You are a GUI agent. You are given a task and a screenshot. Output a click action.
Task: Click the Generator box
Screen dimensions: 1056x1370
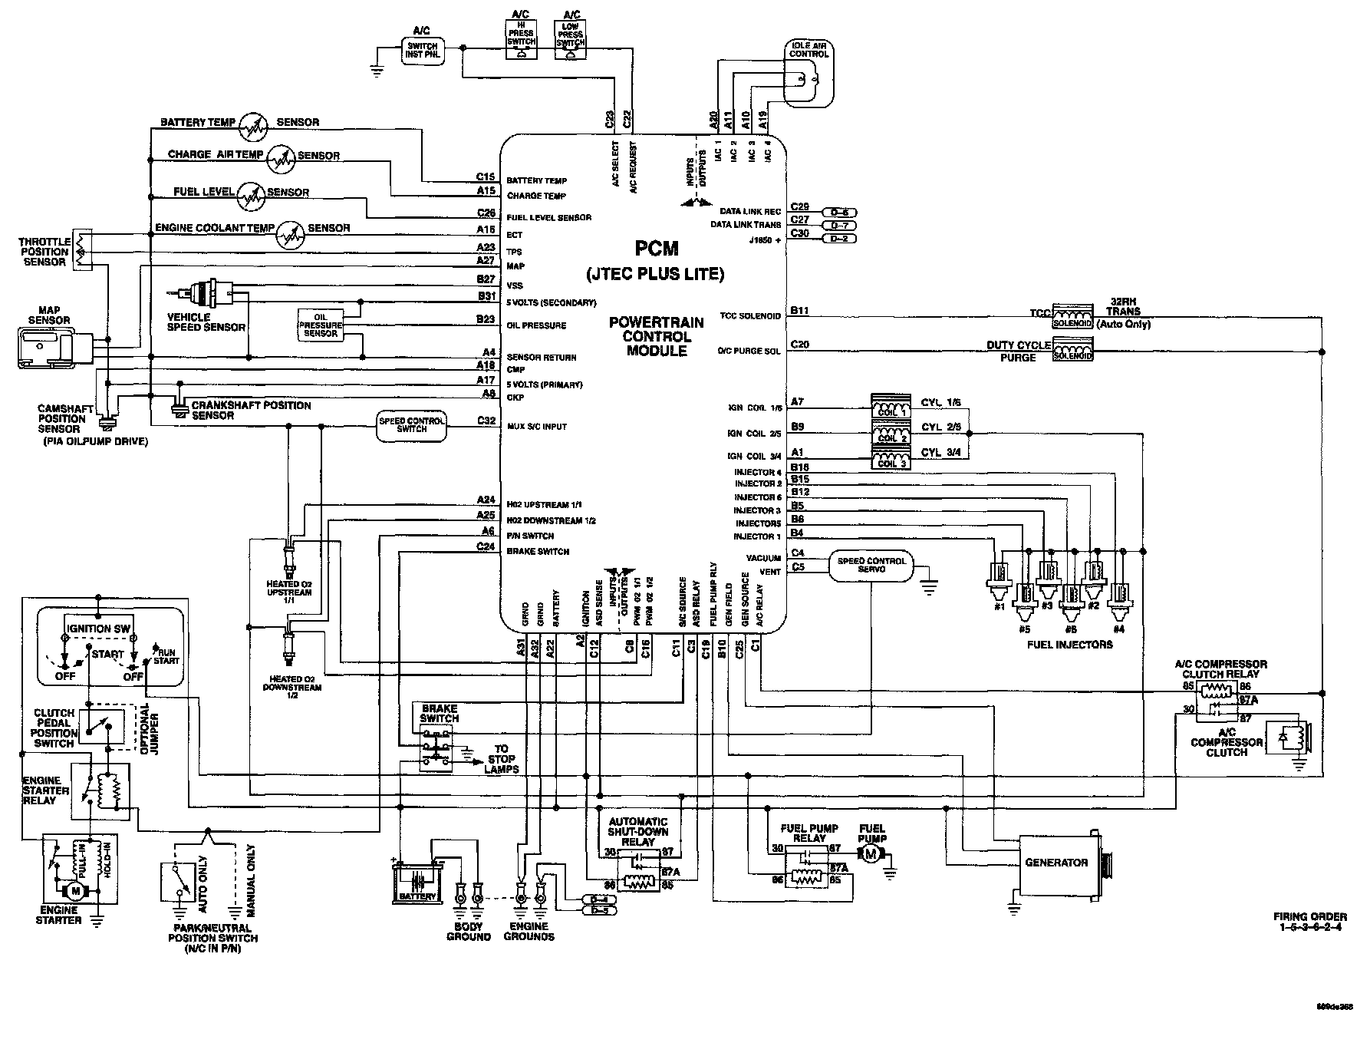[x=1056, y=863]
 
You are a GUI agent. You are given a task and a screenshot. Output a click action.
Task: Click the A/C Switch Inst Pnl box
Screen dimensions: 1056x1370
[x=423, y=51]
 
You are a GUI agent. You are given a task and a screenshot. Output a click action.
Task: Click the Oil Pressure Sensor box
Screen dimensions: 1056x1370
[x=321, y=325]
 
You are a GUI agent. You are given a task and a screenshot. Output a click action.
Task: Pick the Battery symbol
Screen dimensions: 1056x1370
[x=417, y=883]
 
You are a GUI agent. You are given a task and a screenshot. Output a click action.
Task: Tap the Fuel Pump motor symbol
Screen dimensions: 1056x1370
[x=871, y=854]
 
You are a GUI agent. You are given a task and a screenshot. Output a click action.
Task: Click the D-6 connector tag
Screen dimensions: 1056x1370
[x=838, y=212]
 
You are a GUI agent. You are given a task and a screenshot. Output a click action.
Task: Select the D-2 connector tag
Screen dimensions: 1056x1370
[x=838, y=239]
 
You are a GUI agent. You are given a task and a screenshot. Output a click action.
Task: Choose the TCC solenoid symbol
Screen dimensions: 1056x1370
[x=1072, y=318]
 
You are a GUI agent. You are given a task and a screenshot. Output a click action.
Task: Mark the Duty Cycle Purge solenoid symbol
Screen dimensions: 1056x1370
[x=1072, y=352]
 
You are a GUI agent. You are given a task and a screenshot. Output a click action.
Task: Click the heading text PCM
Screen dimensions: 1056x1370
[x=657, y=248]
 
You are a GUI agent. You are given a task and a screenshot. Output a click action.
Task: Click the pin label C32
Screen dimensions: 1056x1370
[x=486, y=420]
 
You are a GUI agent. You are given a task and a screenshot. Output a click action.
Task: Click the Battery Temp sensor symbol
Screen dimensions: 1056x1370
[x=252, y=127]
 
